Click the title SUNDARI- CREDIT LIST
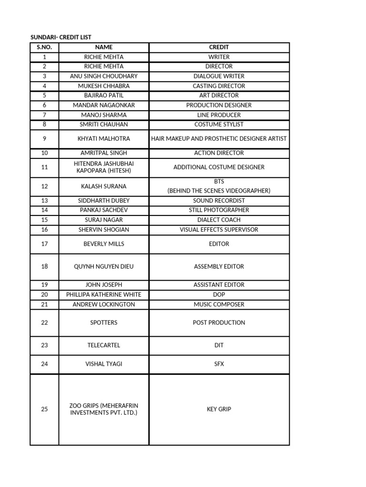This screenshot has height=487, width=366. (61, 37)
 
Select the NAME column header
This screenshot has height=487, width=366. (104, 47)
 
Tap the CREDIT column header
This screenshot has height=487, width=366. (219, 47)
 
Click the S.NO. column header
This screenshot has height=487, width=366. (44, 47)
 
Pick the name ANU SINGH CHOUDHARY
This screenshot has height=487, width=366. (104, 76)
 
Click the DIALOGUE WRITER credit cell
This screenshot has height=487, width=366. (219, 76)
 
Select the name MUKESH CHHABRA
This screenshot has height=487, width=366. (104, 86)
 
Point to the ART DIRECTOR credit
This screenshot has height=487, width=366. (219, 96)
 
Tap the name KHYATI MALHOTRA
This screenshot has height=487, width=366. (104, 138)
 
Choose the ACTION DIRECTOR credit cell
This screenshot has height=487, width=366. (219, 153)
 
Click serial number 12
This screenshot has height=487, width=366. (44, 186)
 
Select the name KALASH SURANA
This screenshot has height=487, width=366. (104, 186)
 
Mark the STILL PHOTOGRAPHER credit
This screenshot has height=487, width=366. (219, 210)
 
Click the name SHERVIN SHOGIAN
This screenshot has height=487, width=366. (104, 230)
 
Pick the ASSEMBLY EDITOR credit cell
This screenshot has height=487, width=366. (219, 266)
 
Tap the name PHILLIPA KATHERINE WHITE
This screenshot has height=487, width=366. (104, 294)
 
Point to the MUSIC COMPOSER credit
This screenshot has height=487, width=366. (219, 304)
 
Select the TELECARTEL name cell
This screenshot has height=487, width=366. (104, 345)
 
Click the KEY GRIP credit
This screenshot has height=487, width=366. (219, 409)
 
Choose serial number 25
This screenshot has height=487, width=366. (44, 409)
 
